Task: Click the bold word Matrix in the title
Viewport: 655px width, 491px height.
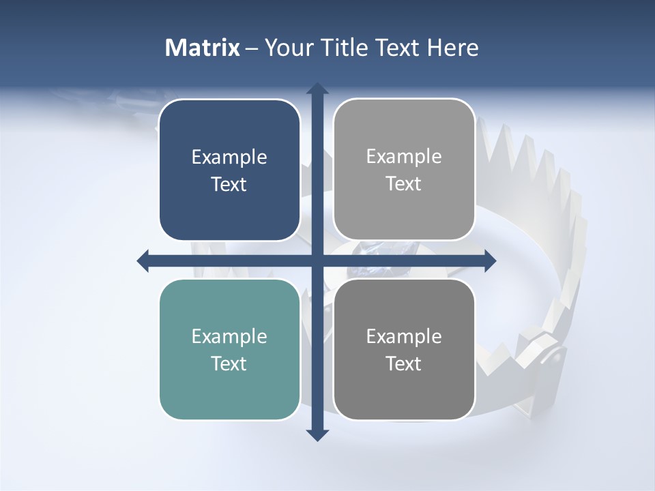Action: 203,48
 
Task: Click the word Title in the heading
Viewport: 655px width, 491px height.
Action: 345,48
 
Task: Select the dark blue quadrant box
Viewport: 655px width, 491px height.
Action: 229,170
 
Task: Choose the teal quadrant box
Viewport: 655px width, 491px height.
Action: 229,349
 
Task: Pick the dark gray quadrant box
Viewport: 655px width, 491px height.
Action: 404,349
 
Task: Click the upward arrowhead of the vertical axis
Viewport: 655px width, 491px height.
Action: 317,89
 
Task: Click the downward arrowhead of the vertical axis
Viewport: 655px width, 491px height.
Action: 317,434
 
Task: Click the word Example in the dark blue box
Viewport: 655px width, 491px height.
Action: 229,157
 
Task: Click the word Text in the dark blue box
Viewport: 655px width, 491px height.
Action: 229,184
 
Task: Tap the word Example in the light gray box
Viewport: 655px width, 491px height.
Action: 404,156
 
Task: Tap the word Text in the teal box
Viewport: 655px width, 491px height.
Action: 229,363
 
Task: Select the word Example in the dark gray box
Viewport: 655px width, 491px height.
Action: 404,336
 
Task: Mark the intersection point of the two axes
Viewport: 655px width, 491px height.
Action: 317,261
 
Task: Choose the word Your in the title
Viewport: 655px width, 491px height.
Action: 286,48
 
